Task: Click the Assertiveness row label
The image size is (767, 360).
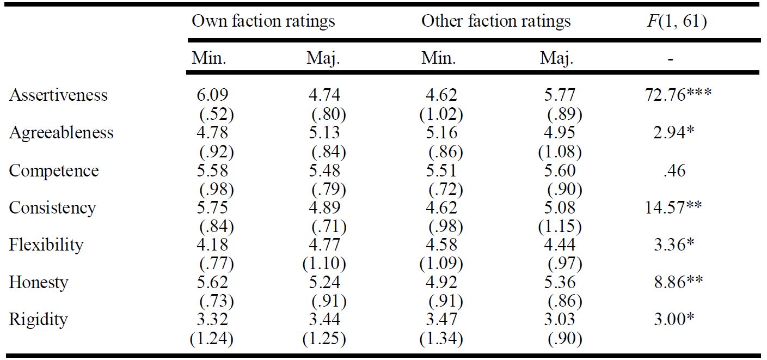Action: (58, 95)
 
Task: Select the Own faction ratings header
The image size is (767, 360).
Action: (263, 21)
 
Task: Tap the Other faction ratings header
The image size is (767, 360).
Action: (496, 21)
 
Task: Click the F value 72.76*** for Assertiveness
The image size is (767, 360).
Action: (678, 95)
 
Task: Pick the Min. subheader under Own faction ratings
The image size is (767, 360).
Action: (209, 58)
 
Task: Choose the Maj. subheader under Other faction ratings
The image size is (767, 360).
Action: (557, 59)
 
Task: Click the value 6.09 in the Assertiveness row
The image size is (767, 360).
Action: (212, 95)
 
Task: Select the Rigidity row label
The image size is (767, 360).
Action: (38, 320)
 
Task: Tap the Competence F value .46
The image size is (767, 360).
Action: (674, 170)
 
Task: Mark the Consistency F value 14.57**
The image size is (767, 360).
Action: (673, 208)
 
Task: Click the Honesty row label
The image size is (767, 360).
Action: (39, 283)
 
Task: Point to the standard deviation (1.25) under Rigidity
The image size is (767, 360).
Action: (324, 339)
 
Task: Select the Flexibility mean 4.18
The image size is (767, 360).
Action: (212, 245)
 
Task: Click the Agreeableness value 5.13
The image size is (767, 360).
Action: (324, 132)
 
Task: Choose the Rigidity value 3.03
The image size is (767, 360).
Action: (560, 319)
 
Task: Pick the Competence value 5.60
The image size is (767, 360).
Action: (560, 170)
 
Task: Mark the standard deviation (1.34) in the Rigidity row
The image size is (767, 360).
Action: (441, 339)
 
